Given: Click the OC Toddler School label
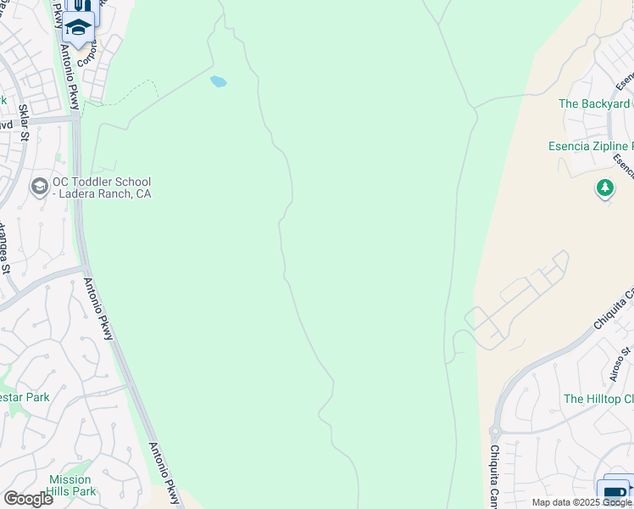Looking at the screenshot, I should (102, 187).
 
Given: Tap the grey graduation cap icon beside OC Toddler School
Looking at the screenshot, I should (39, 187).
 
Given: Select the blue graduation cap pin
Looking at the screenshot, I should (79, 28).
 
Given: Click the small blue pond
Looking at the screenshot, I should (218, 82).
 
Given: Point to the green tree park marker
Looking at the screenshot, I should (604, 188).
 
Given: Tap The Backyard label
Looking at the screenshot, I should (594, 103).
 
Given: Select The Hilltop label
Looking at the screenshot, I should (598, 399).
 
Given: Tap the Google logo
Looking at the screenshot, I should (28, 498).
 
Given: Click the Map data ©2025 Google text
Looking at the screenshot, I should (582, 502).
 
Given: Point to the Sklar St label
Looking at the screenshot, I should (25, 123).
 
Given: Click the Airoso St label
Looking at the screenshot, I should (620, 363).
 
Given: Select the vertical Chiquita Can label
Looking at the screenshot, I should (494, 474).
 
